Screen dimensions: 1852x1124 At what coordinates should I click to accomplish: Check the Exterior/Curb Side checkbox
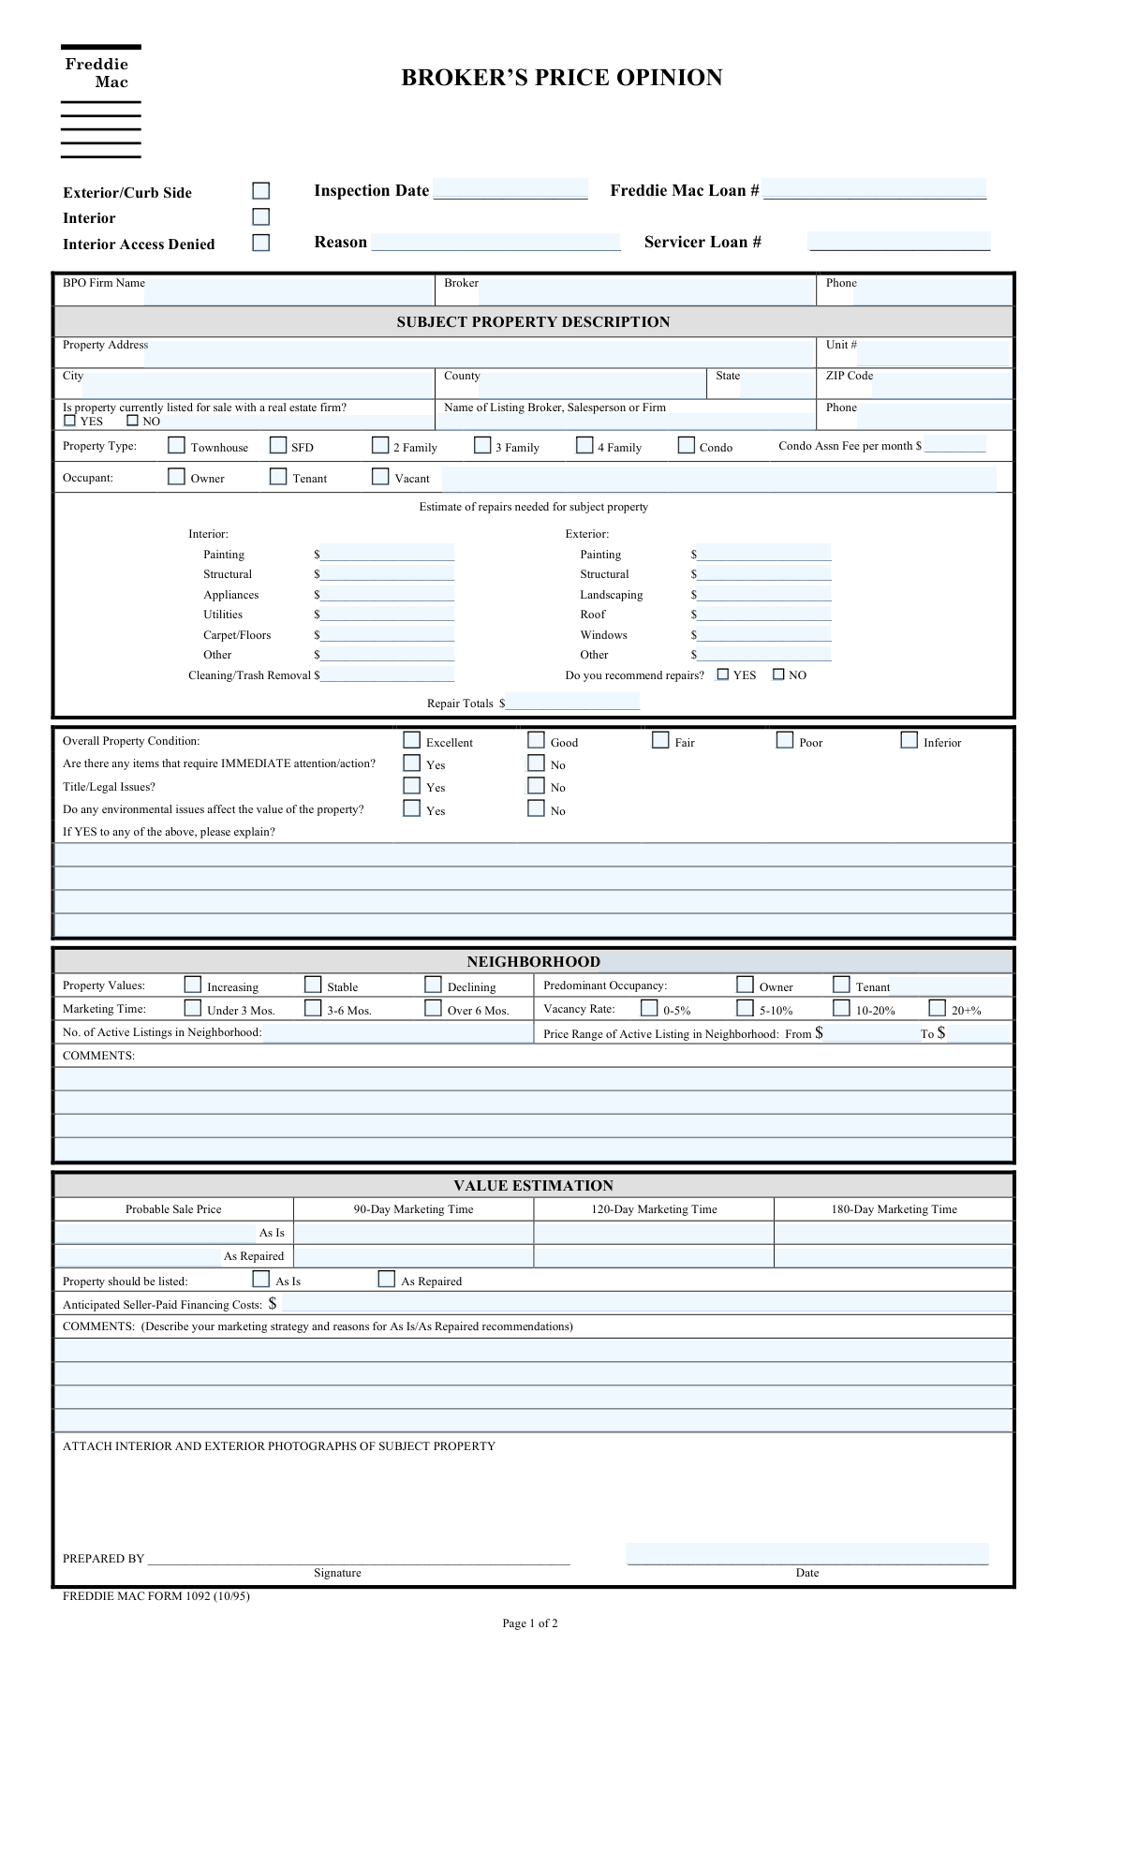click(x=260, y=191)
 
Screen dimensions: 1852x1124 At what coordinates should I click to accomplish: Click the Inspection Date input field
click(x=510, y=189)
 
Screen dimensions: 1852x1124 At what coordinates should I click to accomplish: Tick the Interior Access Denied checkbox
click(x=260, y=243)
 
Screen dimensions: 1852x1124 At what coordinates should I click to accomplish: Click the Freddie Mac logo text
click(x=96, y=73)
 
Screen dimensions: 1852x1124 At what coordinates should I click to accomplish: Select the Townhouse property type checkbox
click(x=176, y=446)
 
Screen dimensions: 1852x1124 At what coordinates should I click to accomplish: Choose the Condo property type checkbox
click(x=687, y=446)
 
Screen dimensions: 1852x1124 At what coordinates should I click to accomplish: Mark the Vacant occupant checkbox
click(x=380, y=477)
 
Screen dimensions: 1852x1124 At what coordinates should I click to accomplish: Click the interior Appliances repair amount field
click(x=387, y=594)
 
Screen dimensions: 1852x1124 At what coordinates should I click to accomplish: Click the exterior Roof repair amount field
click(x=763, y=614)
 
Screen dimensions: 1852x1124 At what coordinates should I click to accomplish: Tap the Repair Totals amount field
click(x=572, y=702)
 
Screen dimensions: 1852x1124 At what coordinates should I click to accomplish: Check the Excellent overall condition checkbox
click(x=411, y=741)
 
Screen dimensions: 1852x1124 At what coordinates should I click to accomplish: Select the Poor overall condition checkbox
click(x=785, y=741)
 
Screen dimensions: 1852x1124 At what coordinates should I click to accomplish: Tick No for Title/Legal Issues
click(x=536, y=786)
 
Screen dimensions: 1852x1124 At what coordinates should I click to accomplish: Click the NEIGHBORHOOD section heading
click(x=533, y=961)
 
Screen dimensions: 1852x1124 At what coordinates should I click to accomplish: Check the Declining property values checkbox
click(x=433, y=985)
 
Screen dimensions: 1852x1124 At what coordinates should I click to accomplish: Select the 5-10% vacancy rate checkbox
click(x=745, y=1009)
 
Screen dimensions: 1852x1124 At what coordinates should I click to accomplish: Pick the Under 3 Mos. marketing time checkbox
click(x=192, y=1009)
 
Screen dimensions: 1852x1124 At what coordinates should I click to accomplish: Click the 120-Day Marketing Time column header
click(x=654, y=1209)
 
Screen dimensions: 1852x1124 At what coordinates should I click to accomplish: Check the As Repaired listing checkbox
click(x=386, y=1280)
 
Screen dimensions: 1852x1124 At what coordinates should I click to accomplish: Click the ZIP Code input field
click(x=941, y=385)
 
